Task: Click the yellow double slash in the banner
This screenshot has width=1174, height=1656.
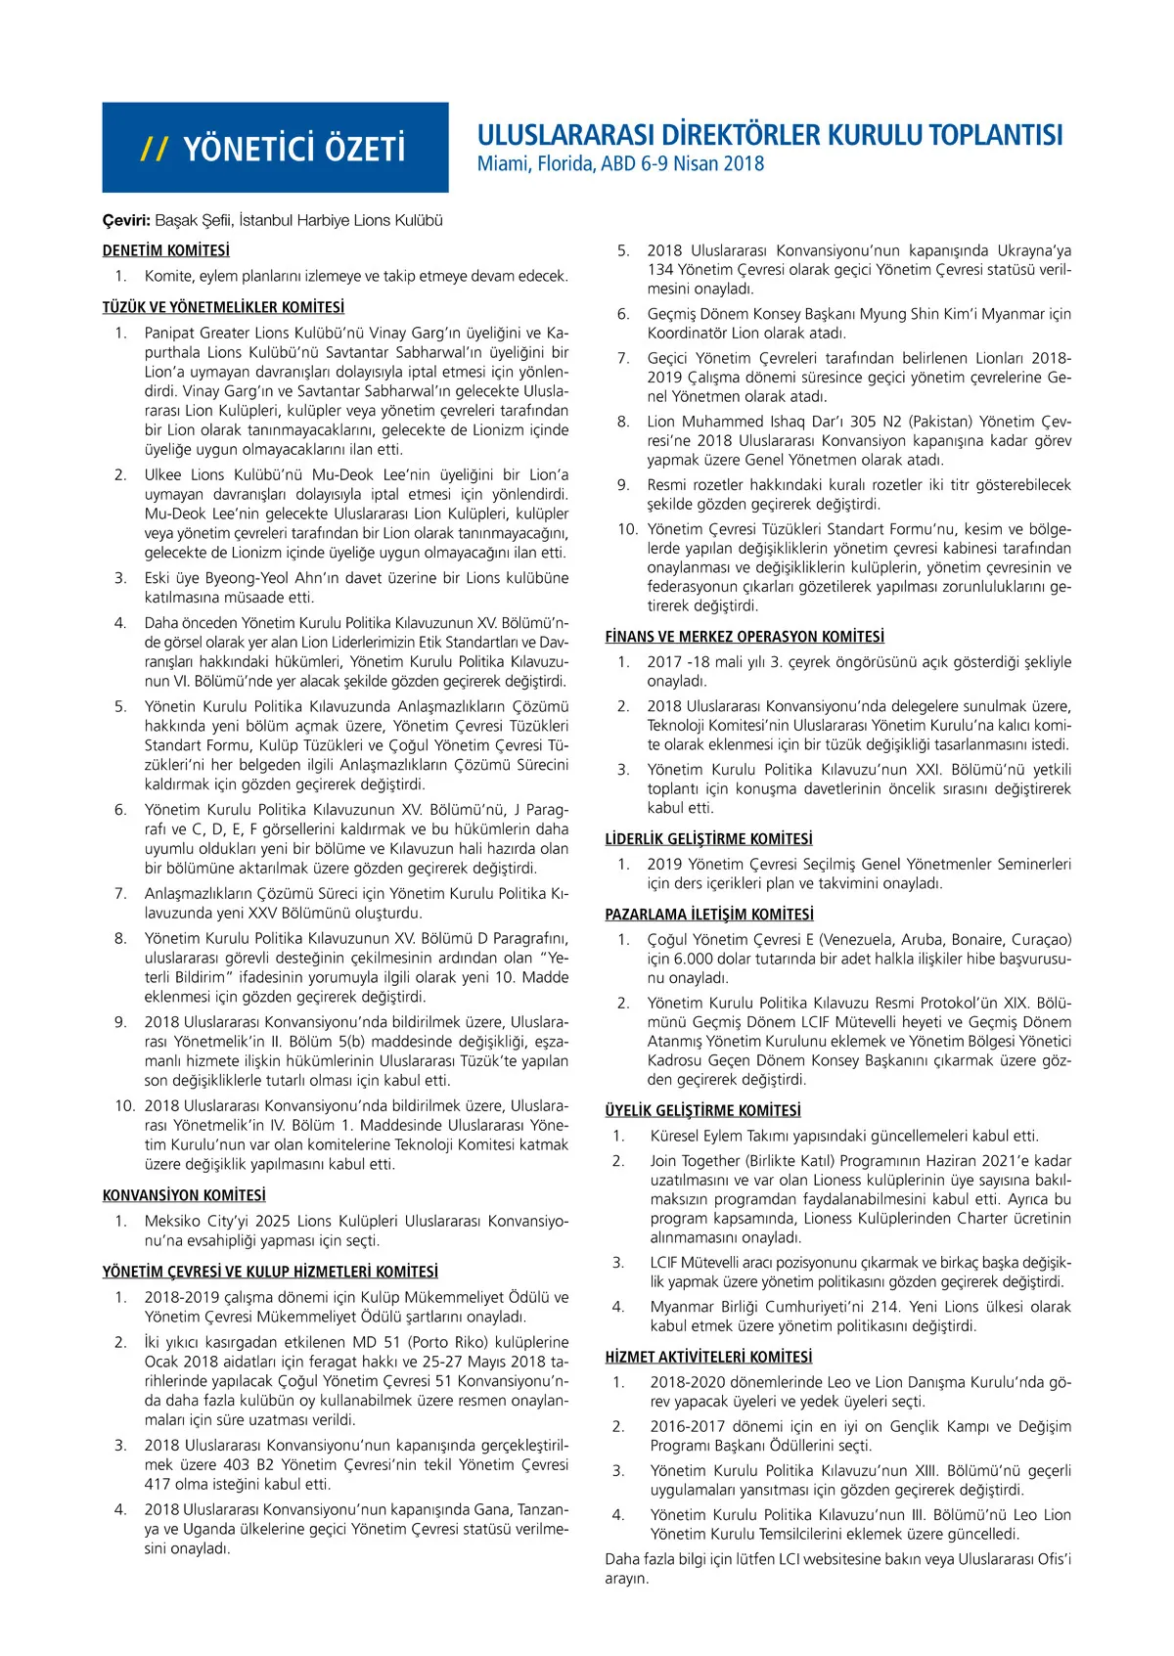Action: (x=155, y=149)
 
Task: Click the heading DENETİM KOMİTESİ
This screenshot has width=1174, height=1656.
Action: (x=165, y=250)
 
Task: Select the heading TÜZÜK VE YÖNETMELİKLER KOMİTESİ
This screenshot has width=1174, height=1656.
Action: (x=223, y=307)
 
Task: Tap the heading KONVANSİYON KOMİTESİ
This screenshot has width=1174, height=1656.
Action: (x=184, y=1195)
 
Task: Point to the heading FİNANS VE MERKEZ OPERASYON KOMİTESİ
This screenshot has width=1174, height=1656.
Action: (x=745, y=636)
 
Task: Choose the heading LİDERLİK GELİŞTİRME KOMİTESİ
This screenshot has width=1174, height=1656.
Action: (x=708, y=839)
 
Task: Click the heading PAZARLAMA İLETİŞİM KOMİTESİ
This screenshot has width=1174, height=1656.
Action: (x=709, y=915)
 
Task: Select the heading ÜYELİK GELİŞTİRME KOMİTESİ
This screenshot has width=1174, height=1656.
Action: (x=702, y=1110)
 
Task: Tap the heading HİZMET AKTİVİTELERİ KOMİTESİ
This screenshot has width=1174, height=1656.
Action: (x=708, y=1357)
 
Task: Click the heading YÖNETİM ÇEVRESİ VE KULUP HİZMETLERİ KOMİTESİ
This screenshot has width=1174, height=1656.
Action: (x=270, y=1272)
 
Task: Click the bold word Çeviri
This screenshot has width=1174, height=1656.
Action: (x=125, y=221)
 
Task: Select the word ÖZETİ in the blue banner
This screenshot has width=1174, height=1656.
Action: (x=361, y=149)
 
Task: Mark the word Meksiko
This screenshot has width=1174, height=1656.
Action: (x=173, y=1221)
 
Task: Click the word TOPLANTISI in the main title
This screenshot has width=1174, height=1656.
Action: (x=996, y=135)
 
